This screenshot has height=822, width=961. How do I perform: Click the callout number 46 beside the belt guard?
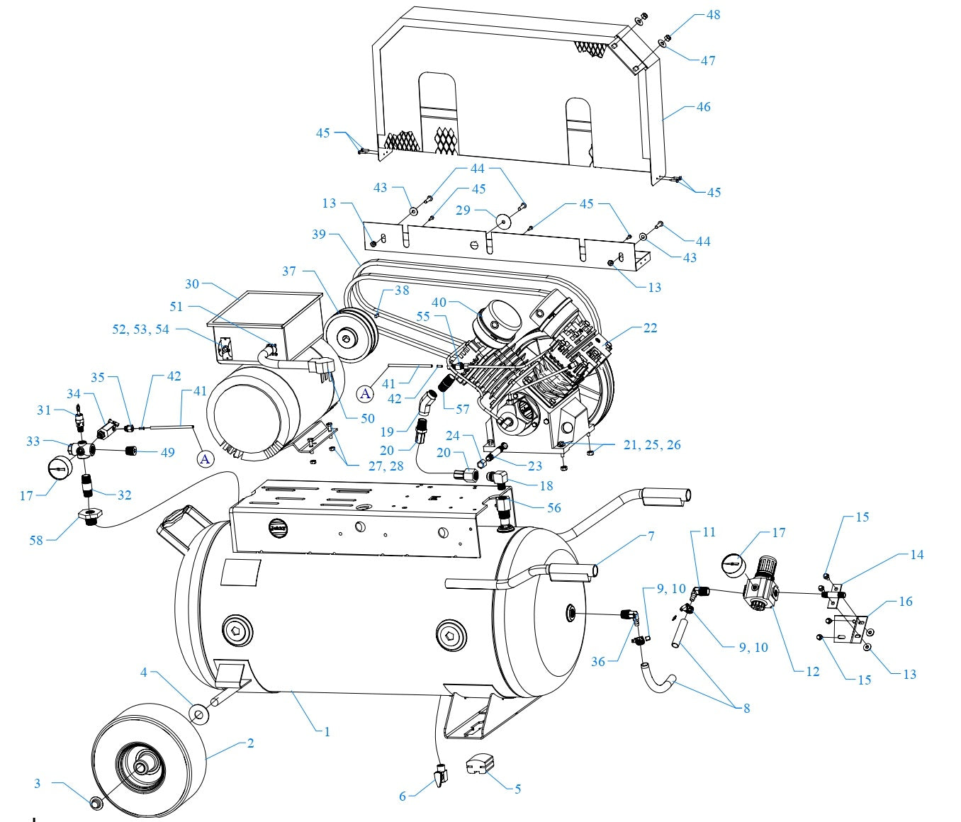click(x=702, y=107)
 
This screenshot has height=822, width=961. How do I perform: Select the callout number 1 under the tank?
click(x=327, y=731)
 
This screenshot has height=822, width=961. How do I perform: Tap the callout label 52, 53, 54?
click(x=140, y=330)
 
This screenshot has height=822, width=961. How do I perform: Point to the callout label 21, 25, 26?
click(x=652, y=445)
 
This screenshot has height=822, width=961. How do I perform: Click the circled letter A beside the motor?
click(x=205, y=459)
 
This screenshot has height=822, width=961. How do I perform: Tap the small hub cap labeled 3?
click(x=95, y=802)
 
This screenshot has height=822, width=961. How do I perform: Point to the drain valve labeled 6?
click(x=441, y=776)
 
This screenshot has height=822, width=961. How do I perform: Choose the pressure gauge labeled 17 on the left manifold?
click(x=58, y=468)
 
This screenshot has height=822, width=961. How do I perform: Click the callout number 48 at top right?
click(x=713, y=15)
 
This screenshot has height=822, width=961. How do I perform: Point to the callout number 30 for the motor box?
click(x=192, y=284)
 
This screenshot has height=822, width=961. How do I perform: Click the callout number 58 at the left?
click(x=35, y=540)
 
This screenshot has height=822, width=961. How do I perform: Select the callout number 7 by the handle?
click(x=651, y=536)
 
